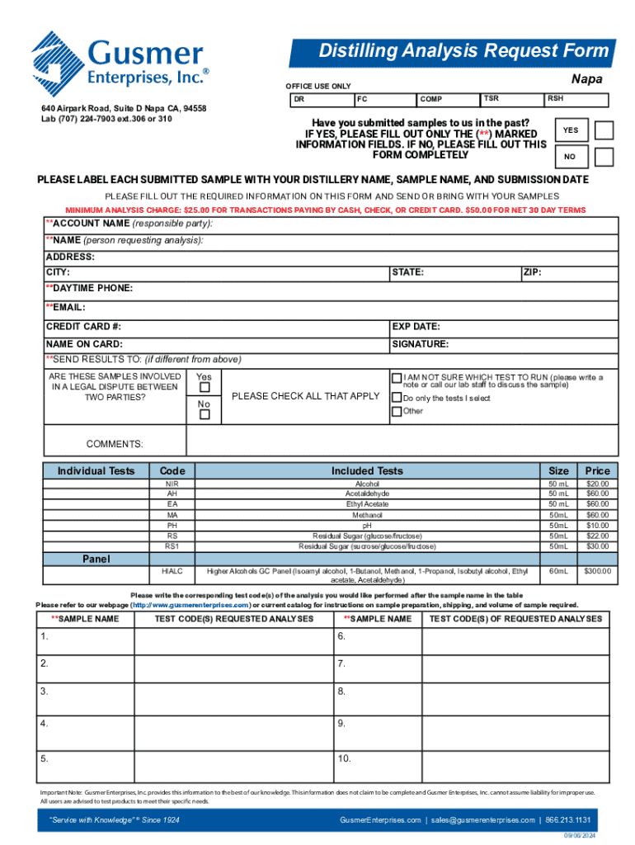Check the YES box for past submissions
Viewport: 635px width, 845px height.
click(x=604, y=130)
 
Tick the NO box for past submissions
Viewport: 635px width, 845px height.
click(x=604, y=157)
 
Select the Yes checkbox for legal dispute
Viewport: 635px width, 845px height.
click(x=205, y=387)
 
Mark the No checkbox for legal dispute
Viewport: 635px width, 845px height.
click(x=205, y=414)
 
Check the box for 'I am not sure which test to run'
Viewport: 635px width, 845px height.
click(x=397, y=378)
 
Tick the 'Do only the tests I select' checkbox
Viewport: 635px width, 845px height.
click(x=397, y=398)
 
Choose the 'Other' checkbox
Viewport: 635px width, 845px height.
click(x=397, y=411)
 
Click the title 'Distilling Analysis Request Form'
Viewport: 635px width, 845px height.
click(x=463, y=52)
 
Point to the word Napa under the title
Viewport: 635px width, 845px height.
click(x=586, y=79)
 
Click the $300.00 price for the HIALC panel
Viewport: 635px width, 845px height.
click(x=596, y=571)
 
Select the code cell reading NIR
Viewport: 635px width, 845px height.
click(x=172, y=484)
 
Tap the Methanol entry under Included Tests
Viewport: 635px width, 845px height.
click(x=367, y=515)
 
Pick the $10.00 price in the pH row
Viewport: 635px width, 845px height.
click(x=596, y=526)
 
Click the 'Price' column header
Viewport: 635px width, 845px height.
click(x=596, y=470)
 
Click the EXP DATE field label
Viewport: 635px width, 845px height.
click(x=416, y=326)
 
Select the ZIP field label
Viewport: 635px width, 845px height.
click(x=532, y=271)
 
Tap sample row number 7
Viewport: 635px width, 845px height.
click(x=341, y=663)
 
